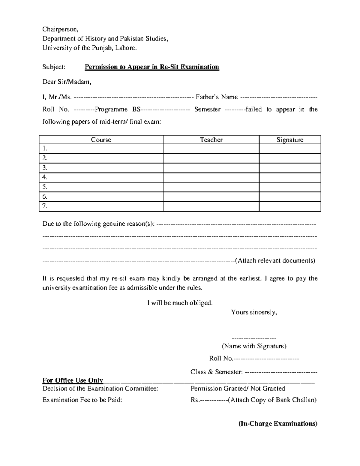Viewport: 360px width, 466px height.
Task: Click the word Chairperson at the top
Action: coord(60,29)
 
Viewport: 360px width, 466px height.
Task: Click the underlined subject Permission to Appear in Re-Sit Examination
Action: coord(152,67)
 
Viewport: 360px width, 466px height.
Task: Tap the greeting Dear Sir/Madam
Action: coord(66,82)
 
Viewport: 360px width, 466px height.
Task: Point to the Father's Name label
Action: coord(217,97)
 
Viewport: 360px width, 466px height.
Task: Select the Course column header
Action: coord(101,140)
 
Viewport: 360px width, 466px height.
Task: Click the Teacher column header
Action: coord(211,140)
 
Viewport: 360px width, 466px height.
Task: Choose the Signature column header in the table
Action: coord(290,140)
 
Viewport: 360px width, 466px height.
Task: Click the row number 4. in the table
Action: coord(45,177)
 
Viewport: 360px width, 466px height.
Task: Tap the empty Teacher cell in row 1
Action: coord(211,149)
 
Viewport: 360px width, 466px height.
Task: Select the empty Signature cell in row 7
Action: coord(290,206)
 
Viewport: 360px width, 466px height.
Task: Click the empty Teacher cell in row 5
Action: coord(211,187)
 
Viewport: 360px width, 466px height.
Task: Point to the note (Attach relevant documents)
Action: coord(275,260)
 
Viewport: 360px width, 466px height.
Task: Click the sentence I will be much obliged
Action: coord(180,303)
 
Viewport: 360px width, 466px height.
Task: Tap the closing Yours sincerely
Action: coord(254,312)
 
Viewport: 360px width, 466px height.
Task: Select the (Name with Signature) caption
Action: coord(254,346)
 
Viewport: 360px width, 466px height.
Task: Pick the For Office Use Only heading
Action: coord(73,380)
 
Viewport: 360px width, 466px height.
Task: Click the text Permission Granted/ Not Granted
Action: coord(238,389)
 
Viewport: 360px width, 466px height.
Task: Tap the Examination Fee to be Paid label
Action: coord(82,400)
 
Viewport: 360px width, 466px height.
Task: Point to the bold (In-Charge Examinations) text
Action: coord(278,424)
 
